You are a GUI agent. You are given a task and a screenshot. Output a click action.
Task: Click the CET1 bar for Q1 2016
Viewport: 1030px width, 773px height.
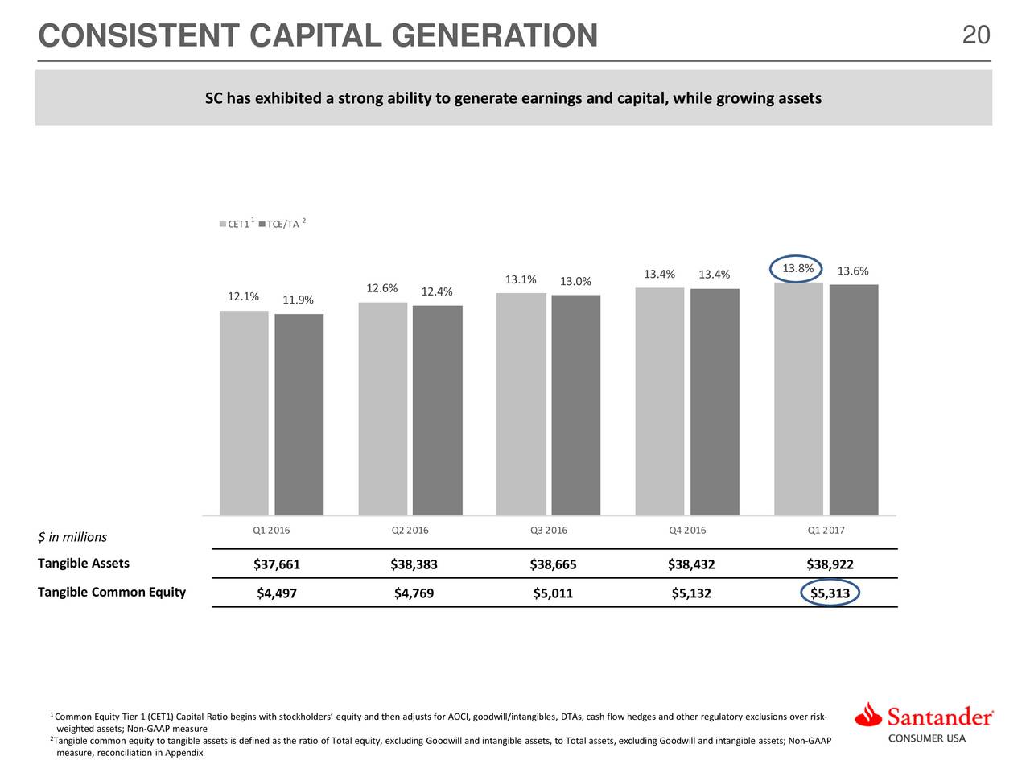pyautogui.click(x=244, y=412)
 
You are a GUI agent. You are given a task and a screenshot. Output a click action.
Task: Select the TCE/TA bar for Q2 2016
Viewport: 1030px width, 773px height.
pyautogui.click(x=437, y=410)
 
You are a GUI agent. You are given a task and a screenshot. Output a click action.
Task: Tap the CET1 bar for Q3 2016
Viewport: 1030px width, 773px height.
pyautogui.click(x=521, y=403)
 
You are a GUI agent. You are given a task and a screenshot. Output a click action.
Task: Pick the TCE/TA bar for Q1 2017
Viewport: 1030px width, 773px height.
pyautogui.click(x=854, y=399)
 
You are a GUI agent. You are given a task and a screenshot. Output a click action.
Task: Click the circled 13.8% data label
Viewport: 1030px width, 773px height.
pyautogui.click(x=797, y=268)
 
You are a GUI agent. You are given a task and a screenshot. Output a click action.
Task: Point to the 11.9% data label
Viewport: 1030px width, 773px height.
pyautogui.click(x=298, y=300)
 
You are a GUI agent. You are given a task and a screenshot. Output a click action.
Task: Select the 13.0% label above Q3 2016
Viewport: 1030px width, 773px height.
pyautogui.click(x=575, y=281)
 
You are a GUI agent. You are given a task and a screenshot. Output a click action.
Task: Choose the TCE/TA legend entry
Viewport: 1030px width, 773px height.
pyautogui.click(x=282, y=223)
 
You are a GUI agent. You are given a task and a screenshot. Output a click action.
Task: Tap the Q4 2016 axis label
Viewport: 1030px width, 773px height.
pyautogui.click(x=687, y=530)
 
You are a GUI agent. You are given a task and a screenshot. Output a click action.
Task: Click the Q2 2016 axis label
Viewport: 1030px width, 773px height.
pyautogui.click(x=410, y=530)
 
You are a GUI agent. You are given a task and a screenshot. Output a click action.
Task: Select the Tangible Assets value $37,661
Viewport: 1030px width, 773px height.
pyautogui.click(x=276, y=564)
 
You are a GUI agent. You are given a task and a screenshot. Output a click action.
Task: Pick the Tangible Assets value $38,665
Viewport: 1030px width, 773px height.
pyautogui.click(x=553, y=564)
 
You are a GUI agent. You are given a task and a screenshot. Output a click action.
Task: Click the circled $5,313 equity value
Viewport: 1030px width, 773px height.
pyautogui.click(x=830, y=593)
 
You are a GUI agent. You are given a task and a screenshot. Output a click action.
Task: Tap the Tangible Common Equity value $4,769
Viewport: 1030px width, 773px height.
pyautogui.click(x=414, y=593)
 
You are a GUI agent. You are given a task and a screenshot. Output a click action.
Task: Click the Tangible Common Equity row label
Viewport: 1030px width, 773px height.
pyautogui.click(x=112, y=592)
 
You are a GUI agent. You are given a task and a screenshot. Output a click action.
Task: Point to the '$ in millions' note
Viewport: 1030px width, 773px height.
pyautogui.click(x=72, y=536)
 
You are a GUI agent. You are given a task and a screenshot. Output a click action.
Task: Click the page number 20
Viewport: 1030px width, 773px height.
pyautogui.click(x=976, y=35)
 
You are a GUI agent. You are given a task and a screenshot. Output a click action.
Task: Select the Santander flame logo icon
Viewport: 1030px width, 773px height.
pyautogui.click(x=868, y=715)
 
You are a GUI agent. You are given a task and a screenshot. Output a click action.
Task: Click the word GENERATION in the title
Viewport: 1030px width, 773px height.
pyautogui.click(x=495, y=35)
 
